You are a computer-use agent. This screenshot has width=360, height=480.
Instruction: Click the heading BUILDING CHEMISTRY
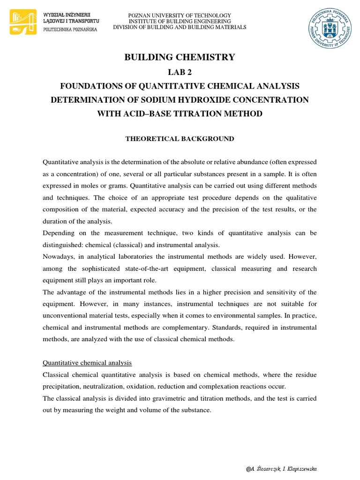point(180,57)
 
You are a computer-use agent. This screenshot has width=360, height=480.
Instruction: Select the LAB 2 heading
point(180,72)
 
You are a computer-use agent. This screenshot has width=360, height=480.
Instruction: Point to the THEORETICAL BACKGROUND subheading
point(180,139)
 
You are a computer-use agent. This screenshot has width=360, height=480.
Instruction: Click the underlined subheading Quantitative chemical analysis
point(87,363)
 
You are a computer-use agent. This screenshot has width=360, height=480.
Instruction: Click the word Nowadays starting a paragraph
point(58,257)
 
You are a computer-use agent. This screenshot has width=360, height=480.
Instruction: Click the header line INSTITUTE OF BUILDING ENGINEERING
point(180,22)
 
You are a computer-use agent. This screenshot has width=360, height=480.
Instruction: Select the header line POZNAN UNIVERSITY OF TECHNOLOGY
point(180,15)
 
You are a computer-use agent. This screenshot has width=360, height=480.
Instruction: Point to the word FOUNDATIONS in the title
point(89,86)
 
